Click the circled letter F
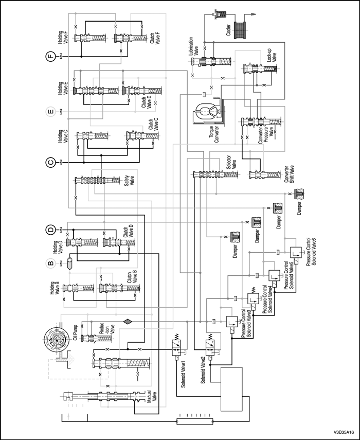(50, 56)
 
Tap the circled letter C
(50, 163)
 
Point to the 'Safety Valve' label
(127, 182)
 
